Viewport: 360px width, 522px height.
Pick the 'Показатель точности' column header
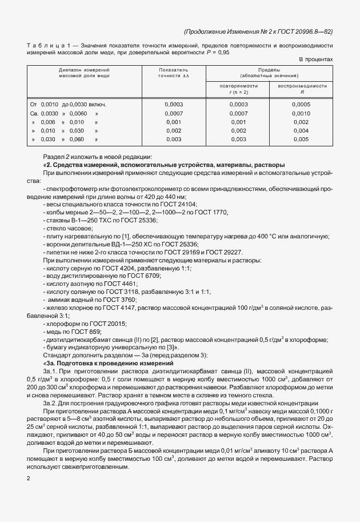point(173,72)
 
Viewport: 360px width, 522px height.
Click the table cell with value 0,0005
point(301,105)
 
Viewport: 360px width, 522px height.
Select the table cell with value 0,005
point(301,139)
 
